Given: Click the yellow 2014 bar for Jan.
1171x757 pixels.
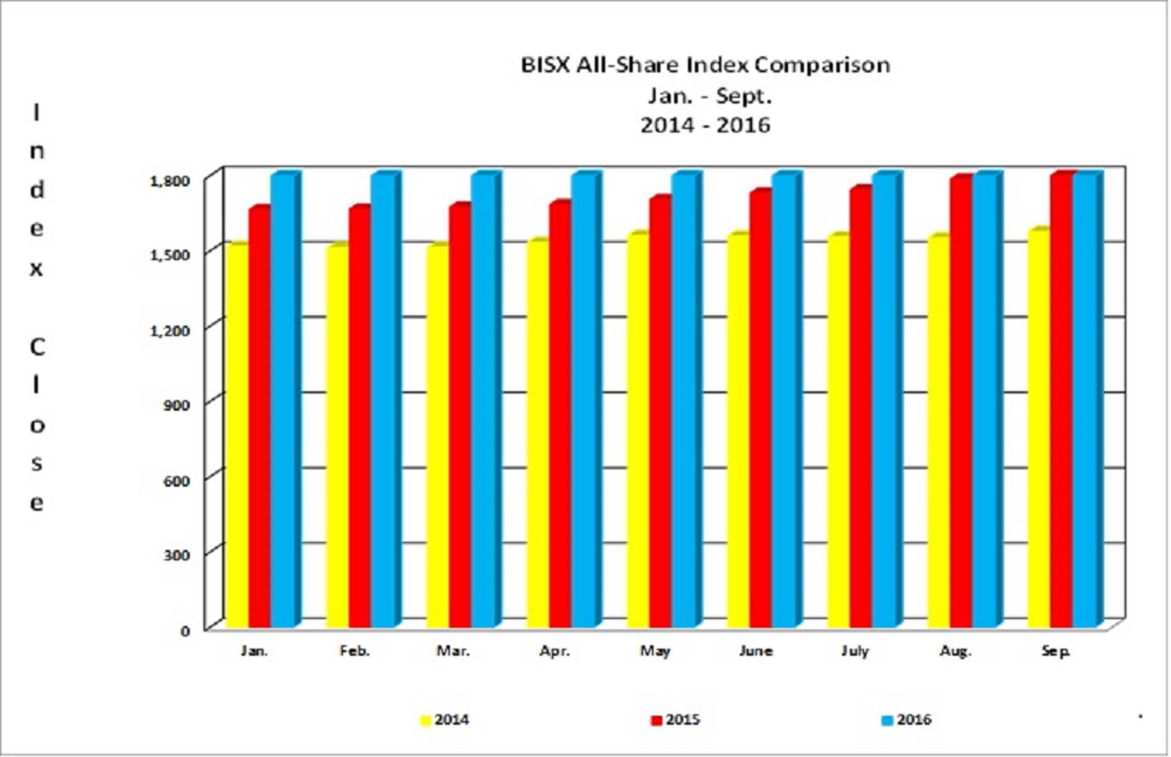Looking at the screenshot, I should pos(238,437).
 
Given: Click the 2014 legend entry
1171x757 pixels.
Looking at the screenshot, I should pos(445,720).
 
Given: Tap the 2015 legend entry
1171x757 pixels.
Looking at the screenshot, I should pos(676,720).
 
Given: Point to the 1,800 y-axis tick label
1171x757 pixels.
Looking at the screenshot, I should pos(169,181).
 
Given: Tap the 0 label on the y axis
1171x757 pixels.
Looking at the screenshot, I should pos(185,630).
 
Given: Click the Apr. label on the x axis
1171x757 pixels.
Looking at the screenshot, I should pos(554,651).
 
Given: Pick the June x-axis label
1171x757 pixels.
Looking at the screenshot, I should pos(755,651).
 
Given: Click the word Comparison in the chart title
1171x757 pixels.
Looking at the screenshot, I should pos(822,65).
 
